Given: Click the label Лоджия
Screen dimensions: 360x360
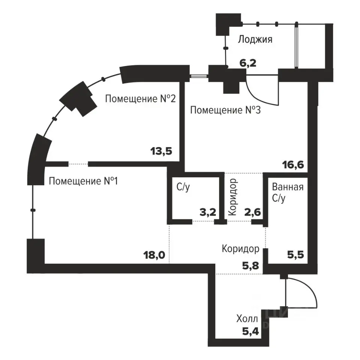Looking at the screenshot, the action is [x=255, y=39].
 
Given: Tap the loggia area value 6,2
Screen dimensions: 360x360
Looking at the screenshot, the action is [x=248, y=63].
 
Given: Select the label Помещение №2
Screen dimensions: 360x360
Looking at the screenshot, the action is [x=140, y=99].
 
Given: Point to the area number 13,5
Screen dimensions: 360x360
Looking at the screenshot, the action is [x=161, y=151].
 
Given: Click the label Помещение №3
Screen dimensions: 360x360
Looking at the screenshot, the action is [x=225, y=110].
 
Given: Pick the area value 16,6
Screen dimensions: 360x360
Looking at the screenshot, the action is [x=293, y=165].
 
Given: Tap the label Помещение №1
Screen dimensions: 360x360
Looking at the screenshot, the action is [x=83, y=181].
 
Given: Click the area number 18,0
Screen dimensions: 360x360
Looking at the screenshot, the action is [x=154, y=255].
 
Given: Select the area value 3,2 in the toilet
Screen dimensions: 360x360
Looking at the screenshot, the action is [x=208, y=212].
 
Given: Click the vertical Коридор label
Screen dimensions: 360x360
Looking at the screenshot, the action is [x=232, y=197].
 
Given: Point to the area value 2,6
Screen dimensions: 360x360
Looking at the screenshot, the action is [x=252, y=212].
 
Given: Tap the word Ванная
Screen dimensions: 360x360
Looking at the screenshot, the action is [x=288, y=187].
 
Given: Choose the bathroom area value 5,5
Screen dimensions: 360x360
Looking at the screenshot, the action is [x=296, y=255].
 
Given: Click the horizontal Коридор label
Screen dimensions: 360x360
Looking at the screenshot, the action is [x=241, y=249].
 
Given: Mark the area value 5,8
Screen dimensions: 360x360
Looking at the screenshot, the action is [x=250, y=266].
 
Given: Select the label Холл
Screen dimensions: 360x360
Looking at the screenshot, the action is [x=247, y=319].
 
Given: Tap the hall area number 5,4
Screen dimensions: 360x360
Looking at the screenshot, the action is [x=250, y=331].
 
